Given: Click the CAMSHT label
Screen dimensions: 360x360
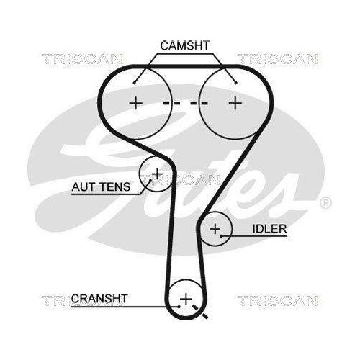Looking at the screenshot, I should (x=184, y=45).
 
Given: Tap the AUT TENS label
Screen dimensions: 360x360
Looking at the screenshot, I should (x=101, y=186).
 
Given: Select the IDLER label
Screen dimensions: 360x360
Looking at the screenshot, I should (x=270, y=229).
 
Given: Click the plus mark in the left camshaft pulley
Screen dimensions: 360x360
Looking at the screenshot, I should (x=135, y=103).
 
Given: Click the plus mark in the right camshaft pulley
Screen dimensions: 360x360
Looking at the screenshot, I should (x=234, y=103).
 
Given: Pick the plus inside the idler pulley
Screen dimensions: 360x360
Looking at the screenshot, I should (x=215, y=229).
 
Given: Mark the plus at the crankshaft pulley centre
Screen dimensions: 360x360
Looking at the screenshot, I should (x=186, y=297).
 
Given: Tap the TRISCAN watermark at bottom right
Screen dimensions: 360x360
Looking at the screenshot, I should (x=277, y=299).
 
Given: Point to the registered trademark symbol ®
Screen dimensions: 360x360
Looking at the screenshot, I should (x=324, y=202).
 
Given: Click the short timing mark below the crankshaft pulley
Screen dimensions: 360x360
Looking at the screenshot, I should (x=204, y=315).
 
